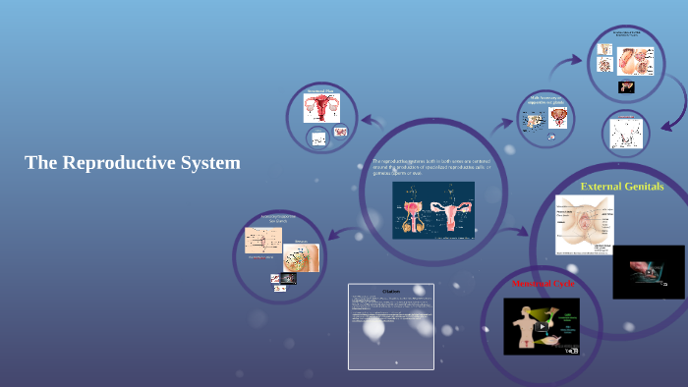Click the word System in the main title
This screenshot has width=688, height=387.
209,163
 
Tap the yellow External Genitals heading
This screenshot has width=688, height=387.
622,186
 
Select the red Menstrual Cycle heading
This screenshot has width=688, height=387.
542,284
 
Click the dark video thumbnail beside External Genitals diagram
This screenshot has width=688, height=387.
648,271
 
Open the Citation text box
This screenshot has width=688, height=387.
390,326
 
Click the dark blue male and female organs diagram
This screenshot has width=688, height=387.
433,210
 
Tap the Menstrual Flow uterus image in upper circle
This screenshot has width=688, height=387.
321,108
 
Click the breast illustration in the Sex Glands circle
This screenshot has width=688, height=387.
301,256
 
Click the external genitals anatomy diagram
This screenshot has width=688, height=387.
584,224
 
